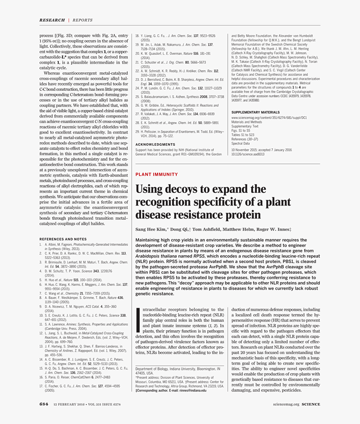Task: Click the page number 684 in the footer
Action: tap(44, 404)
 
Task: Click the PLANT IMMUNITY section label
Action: tap(157, 174)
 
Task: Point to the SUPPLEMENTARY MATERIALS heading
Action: tap(255, 112)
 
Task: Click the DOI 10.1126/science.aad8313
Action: tap(248, 154)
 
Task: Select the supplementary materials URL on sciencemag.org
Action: tap(269, 118)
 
